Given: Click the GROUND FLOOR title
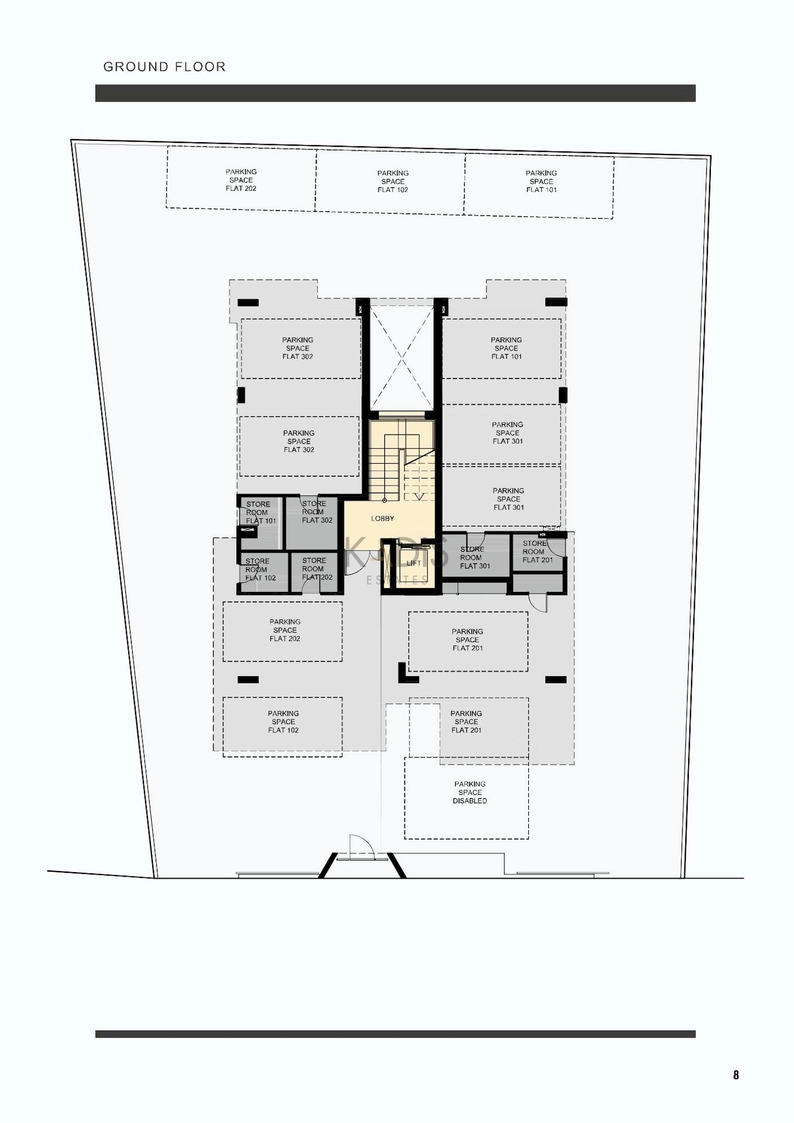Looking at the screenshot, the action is point(164,67).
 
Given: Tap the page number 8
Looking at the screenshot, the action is point(736,1074).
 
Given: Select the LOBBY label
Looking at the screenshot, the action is point(383,519).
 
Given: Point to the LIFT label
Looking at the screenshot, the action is point(414,563).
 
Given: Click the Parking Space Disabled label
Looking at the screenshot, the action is point(470,793).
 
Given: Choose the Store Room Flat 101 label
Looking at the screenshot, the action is point(260,512).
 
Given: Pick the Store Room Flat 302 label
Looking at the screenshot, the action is point(317,512).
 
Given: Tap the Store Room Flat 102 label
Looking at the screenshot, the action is point(260,570).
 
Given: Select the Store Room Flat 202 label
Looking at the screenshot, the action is point(317,569).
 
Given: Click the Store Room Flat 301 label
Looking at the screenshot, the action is point(475,557).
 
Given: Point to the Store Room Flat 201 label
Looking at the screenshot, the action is point(537,552).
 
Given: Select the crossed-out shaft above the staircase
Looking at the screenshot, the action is point(402,358).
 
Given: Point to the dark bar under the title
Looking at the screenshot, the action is point(396,93).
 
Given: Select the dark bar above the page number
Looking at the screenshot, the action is point(396,1034).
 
